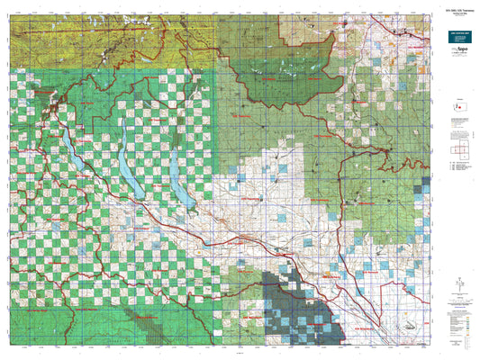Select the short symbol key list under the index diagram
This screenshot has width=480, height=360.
[x=459, y=167]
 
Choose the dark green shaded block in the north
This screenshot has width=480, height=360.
[x=288, y=81]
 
